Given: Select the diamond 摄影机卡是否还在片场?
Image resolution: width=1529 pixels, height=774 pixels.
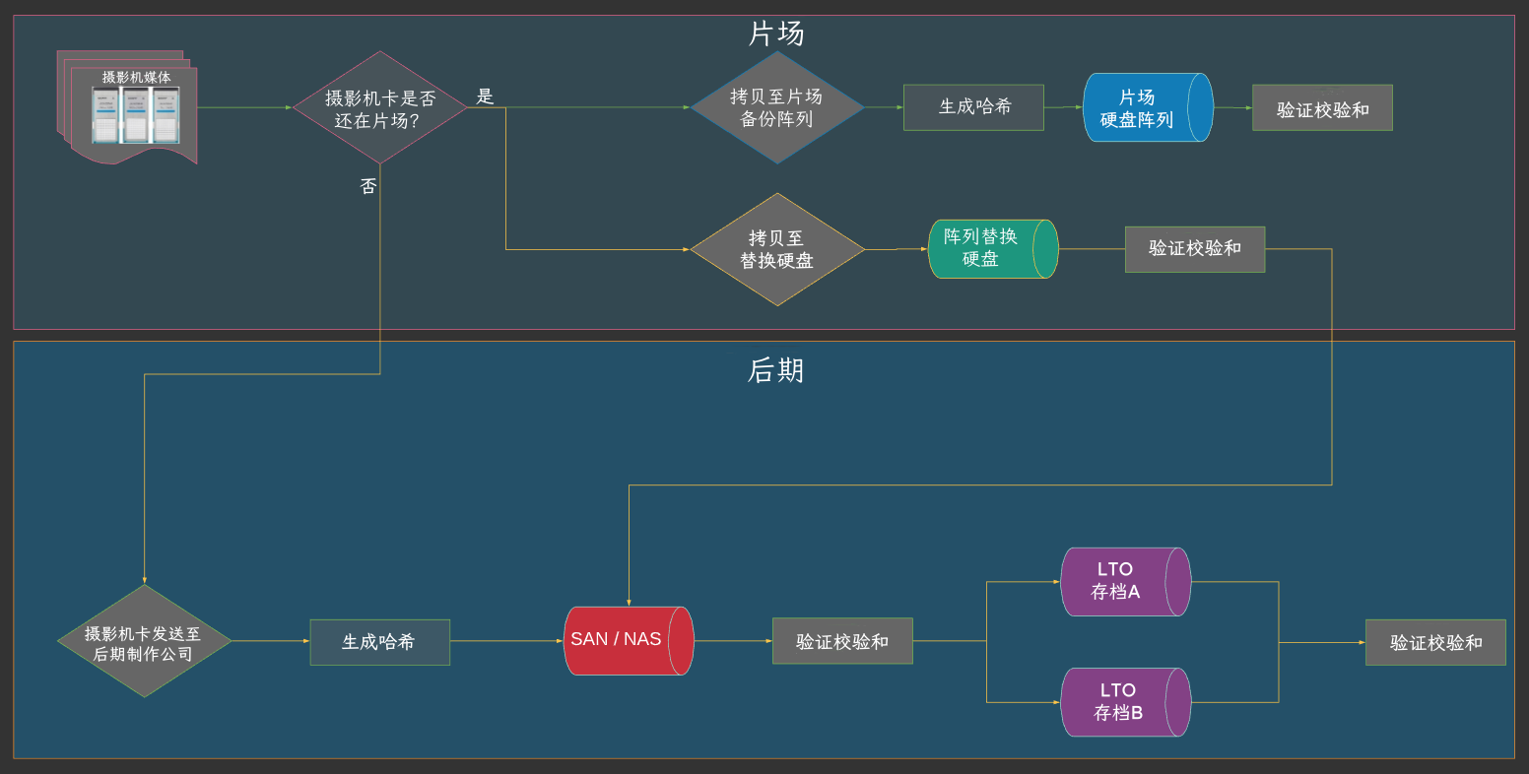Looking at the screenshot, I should (x=379, y=107).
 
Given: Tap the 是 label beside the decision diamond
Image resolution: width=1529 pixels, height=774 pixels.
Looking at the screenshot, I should (x=485, y=97).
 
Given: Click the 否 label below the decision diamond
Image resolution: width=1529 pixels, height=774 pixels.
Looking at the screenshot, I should (x=368, y=186).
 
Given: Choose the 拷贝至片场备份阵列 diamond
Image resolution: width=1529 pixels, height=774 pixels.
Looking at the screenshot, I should (x=776, y=107).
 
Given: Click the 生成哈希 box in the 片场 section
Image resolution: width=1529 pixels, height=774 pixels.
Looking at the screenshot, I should (x=973, y=107).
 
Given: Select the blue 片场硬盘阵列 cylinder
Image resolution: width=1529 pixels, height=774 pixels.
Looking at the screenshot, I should (x=1143, y=107).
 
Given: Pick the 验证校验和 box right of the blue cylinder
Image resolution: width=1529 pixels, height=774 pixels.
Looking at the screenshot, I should (x=1322, y=108).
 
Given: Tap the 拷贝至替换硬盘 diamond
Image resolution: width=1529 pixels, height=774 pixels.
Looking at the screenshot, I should (x=776, y=249).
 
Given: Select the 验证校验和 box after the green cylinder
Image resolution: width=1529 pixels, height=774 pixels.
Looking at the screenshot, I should (x=1194, y=249).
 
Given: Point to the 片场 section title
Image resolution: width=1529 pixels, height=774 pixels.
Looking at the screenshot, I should (x=776, y=34).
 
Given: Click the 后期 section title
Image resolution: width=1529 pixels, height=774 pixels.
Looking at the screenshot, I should (x=776, y=370).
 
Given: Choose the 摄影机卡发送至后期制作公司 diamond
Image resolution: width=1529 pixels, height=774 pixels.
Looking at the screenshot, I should (x=144, y=642).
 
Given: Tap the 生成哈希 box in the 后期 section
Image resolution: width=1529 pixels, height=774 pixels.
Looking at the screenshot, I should (x=379, y=642).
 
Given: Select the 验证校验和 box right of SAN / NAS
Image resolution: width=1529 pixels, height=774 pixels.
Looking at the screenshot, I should (x=842, y=641).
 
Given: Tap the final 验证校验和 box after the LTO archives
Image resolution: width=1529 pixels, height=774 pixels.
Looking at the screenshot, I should (x=1435, y=642).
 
